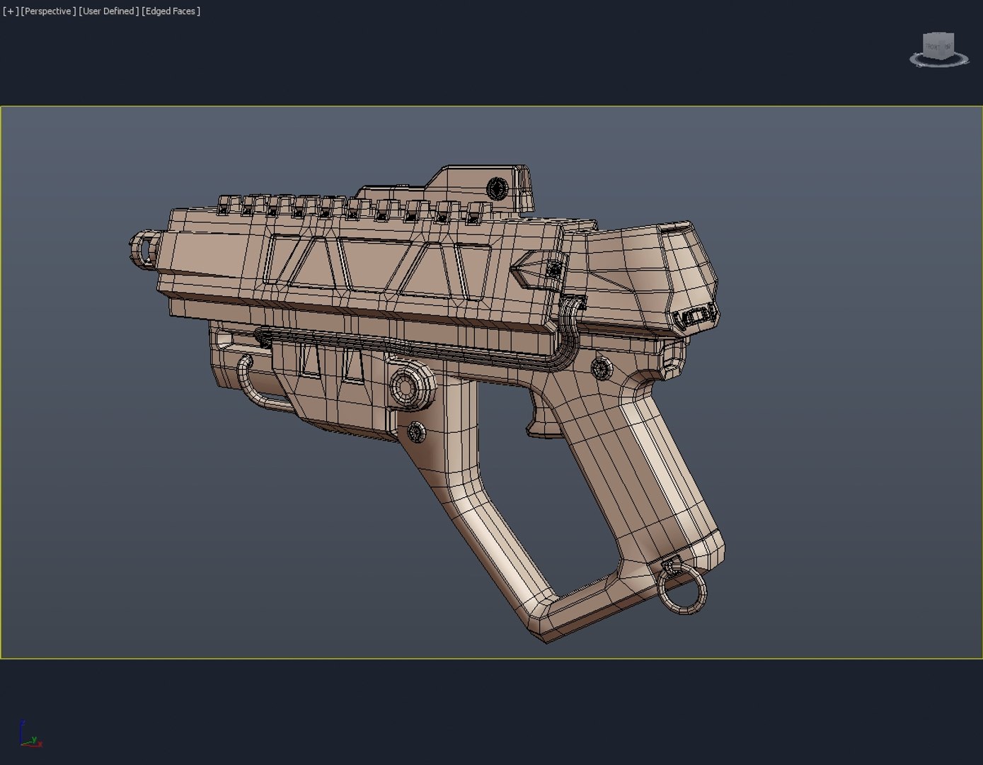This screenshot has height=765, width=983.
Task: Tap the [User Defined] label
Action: click(108, 11)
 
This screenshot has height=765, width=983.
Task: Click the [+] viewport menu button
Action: click(11, 11)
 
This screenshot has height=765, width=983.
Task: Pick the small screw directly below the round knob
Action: click(416, 431)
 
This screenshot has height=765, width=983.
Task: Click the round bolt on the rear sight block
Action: click(498, 189)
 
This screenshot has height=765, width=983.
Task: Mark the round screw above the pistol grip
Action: click(601, 368)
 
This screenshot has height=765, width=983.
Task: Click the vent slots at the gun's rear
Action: click(698, 318)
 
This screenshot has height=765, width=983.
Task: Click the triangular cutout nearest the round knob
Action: click(352, 366)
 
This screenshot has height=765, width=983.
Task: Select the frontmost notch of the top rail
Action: click(225, 205)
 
